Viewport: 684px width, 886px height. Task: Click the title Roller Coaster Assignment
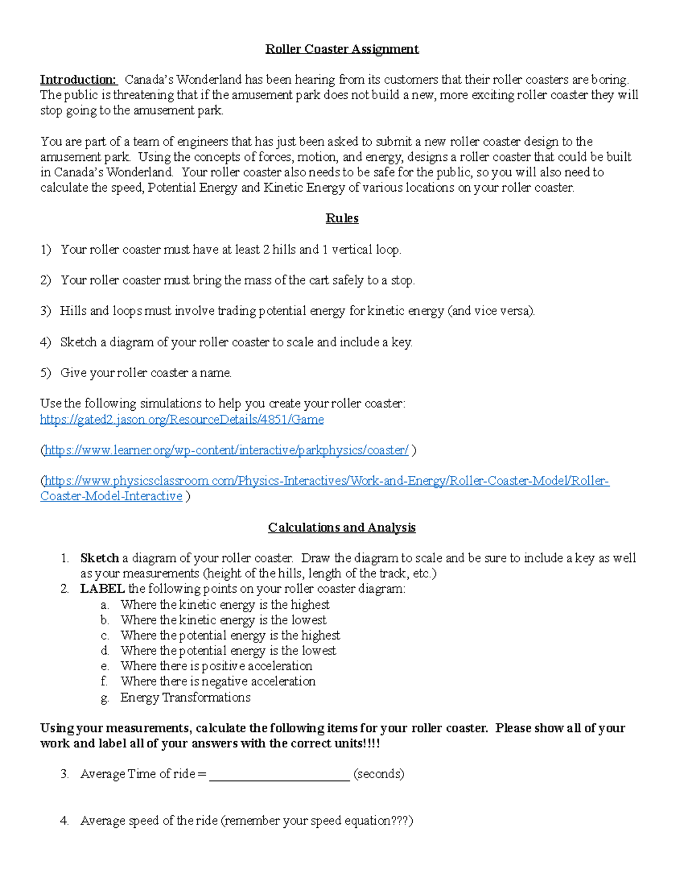point(342,49)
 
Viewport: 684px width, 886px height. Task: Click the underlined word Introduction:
point(78,80)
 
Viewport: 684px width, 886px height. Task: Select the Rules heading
point(342,219)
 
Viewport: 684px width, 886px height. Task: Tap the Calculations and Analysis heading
point(342,528)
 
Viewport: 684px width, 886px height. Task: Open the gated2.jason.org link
point(182,420)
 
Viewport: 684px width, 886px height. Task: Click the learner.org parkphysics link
point(226,451)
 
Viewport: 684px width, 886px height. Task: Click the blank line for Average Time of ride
point(279,774)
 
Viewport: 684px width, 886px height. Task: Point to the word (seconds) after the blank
point(379,774)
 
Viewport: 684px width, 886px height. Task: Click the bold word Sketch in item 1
point(100,558)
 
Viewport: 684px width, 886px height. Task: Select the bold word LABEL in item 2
point(103,589)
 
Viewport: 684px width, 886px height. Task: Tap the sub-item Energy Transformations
point(185,698)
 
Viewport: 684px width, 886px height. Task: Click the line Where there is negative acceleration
point(218,682)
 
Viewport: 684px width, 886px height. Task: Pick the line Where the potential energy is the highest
point(230,636)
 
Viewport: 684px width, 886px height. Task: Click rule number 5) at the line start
point(46,373)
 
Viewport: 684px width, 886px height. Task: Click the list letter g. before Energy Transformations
point(104,698)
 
